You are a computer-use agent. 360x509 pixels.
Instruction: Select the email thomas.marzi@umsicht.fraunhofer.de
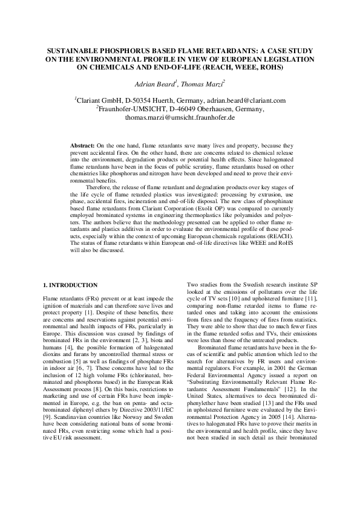[179, 117]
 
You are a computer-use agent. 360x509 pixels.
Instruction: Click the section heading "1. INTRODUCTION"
[70, 285]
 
